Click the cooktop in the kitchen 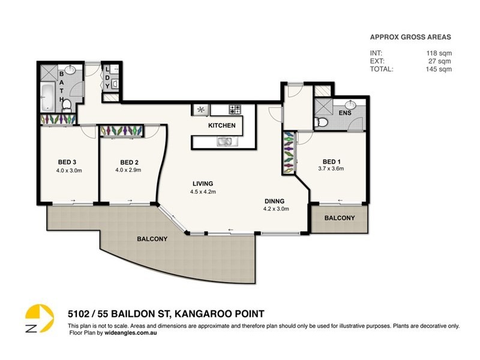[x=235, y=110]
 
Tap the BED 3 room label [x=67, y=162]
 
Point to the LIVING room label [x=203, y=184]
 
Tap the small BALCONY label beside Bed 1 [x=340, y=218]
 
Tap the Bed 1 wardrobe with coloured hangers [x=290, y=153]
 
